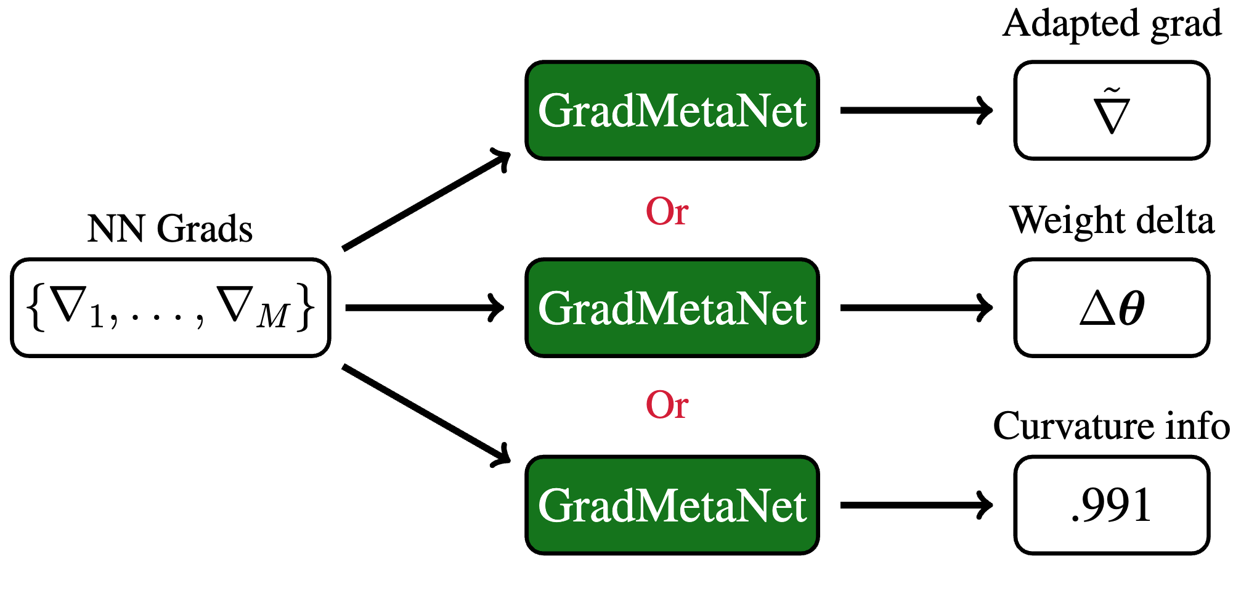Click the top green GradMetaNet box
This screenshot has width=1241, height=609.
[x=672, y=111]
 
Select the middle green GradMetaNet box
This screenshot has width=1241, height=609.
[x=672, y=308]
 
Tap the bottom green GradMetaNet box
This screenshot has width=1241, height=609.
[x=672, y=505]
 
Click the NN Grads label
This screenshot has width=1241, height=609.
[x=170, y=229]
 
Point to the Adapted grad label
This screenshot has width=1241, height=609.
[x=1112, y=25]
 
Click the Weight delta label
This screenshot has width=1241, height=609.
[x=1112, y=221]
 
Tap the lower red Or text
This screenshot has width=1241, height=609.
[x=667, y=405]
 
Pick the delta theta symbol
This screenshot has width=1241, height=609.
[x=1112, y=308]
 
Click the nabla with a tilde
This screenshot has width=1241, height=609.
[x=1112, y=112]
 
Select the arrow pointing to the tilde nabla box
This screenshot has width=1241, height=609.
[x=916, y=111]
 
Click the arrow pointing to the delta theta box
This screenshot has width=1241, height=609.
[x=916, y=308]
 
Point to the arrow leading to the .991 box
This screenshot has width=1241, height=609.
[x=916, y=505]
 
